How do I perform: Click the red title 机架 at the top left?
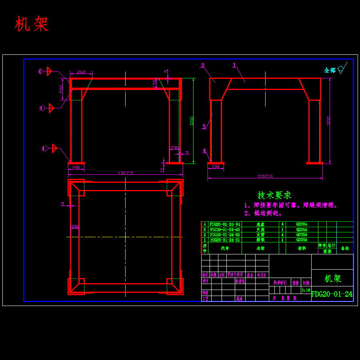(x=32, y=24)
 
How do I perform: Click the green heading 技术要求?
(x=274, y=195)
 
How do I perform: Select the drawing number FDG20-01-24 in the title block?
(x=332, y=294)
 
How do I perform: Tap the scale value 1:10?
(x=306, y=290)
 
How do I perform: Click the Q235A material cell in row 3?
(x=302, y=230)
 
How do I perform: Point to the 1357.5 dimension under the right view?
(x=265, y=176)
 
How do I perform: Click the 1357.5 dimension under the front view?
(x=125, y=173)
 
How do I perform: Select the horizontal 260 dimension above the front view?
(x=81, y=72)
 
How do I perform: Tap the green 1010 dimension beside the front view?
(x=192, y=121)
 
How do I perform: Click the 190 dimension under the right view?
(x=216, y=167)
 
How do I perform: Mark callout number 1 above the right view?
(x=234, y=65)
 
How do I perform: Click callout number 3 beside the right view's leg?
(x=204, y=127)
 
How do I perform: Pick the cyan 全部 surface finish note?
(x=330, y=70)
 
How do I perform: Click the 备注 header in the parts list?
(x=345, y=248)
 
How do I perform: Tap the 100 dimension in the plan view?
(x=74, y=227)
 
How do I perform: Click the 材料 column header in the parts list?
(x=302, y=248)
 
